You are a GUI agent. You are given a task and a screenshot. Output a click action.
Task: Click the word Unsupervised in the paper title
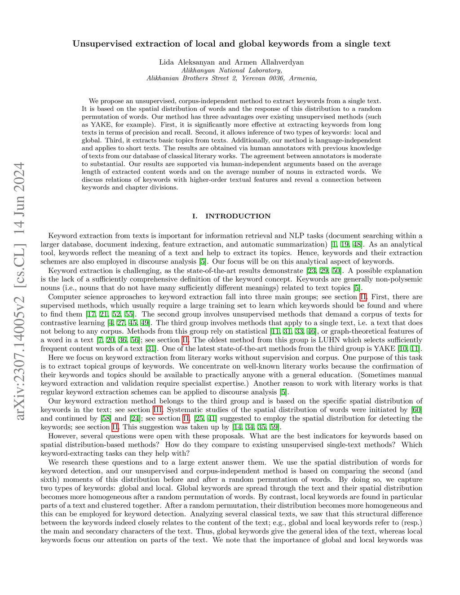coord(102,44)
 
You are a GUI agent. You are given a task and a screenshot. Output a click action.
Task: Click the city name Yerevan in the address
coord(254,78)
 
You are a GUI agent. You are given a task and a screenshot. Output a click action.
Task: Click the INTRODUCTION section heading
coord(238,216)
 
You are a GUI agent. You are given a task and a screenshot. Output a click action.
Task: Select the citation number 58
coord(106,419)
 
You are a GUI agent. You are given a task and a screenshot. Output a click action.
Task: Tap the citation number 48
coord(357,244)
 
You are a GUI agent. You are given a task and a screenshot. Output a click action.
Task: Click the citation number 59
coord(274,427)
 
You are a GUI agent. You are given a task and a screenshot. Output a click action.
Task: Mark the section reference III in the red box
coord(158,410)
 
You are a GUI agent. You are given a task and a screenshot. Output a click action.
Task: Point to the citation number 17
coord(91,314)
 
